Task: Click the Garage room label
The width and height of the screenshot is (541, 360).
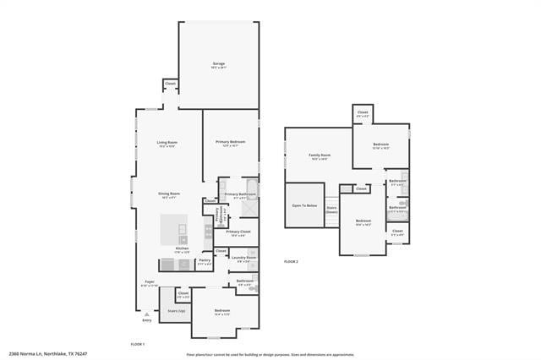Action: coord(218,65)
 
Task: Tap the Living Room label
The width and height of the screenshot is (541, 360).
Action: coord(167,144)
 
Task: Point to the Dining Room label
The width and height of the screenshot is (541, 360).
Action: coord(169,195)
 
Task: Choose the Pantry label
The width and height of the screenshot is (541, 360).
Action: coord(205,262)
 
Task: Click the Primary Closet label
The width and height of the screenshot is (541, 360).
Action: coord(238,232)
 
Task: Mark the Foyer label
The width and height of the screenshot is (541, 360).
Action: coord(150,283)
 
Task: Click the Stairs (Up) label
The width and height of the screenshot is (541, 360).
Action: coord(177,311)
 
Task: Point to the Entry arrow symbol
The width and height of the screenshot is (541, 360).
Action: coord(147,314)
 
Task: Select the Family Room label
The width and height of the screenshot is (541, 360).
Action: coord(319,156)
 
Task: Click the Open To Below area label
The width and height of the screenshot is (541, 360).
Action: coord(304,205)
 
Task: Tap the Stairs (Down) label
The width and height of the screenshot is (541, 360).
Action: coord(331,210)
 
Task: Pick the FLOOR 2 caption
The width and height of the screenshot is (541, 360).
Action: coord(291,262)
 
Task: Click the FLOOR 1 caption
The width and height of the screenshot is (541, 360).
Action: coord(138,344)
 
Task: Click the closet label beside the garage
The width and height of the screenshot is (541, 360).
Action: coord(170,84)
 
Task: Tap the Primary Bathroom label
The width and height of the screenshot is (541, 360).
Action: coord(240,195)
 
